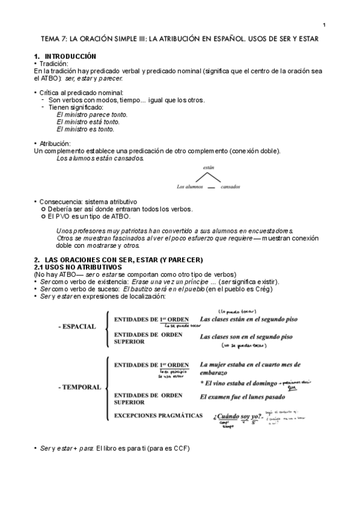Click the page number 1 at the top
324,25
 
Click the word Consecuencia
61,201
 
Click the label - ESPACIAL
77,327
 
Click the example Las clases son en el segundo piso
246,337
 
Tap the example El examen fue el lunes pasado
243,397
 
